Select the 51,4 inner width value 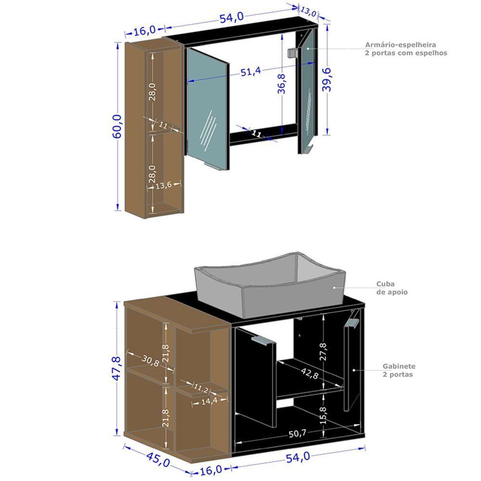tap(251, 71)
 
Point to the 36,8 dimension tap(282, 83)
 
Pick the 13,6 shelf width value tap(164, 186)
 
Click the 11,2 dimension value tap(201, 387)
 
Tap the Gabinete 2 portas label tap(399, 370)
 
